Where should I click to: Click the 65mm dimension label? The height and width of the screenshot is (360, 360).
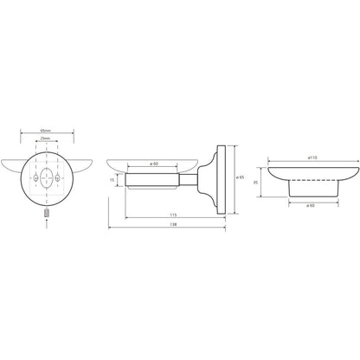tap(46, 131)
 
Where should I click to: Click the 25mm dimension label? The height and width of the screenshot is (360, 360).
tap(46, 138)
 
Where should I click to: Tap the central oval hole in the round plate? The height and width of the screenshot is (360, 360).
tap(46, 177)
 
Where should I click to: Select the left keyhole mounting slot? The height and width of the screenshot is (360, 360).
tap(35, 177)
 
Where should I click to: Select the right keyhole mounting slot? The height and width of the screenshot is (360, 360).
tap(57, 177)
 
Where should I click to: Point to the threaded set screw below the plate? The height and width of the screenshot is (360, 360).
tap(47, 213)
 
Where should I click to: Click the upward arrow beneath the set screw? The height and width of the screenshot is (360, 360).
tap(47, 224)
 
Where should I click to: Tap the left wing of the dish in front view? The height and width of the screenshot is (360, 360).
tap(11, 165)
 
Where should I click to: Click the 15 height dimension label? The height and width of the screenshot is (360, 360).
tap(112, 180)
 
